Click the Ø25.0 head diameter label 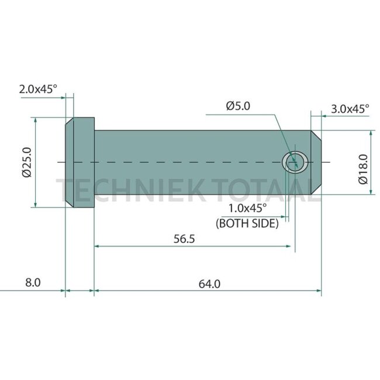click(x=27, y=163)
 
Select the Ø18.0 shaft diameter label click(x=363, y=169)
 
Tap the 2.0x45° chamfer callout click(x=38, y=89)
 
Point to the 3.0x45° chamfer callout click(x=350, y=109)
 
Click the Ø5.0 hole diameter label click(x=238, y=106)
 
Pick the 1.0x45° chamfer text click(x=247, y=208)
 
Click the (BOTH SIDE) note click(x=247, y=223)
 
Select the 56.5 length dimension click(x=184, y=239)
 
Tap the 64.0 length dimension click(x=209, y=284)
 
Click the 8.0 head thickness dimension click(x=33, y=282)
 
